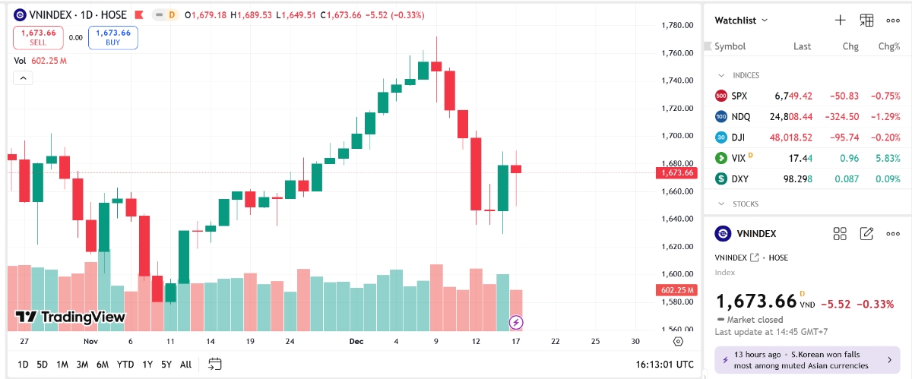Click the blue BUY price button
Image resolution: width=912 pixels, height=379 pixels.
112,37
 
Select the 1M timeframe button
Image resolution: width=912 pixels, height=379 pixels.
62,365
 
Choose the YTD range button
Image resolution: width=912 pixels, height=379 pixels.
125,365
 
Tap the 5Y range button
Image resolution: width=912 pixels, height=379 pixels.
166,365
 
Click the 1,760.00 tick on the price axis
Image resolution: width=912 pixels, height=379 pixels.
676,53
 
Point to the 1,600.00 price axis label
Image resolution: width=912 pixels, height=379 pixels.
676,274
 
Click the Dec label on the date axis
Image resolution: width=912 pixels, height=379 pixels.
356,342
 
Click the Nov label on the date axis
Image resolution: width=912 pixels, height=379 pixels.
91,342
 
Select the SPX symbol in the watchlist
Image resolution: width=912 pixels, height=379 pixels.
739,96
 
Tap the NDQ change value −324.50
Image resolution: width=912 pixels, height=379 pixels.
841,116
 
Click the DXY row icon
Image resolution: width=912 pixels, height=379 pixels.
721,179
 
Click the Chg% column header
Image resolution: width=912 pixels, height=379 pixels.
889,46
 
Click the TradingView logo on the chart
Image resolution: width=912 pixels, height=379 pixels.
70,317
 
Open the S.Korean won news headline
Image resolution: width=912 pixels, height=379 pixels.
806,360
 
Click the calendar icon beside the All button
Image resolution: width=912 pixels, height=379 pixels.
214,365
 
